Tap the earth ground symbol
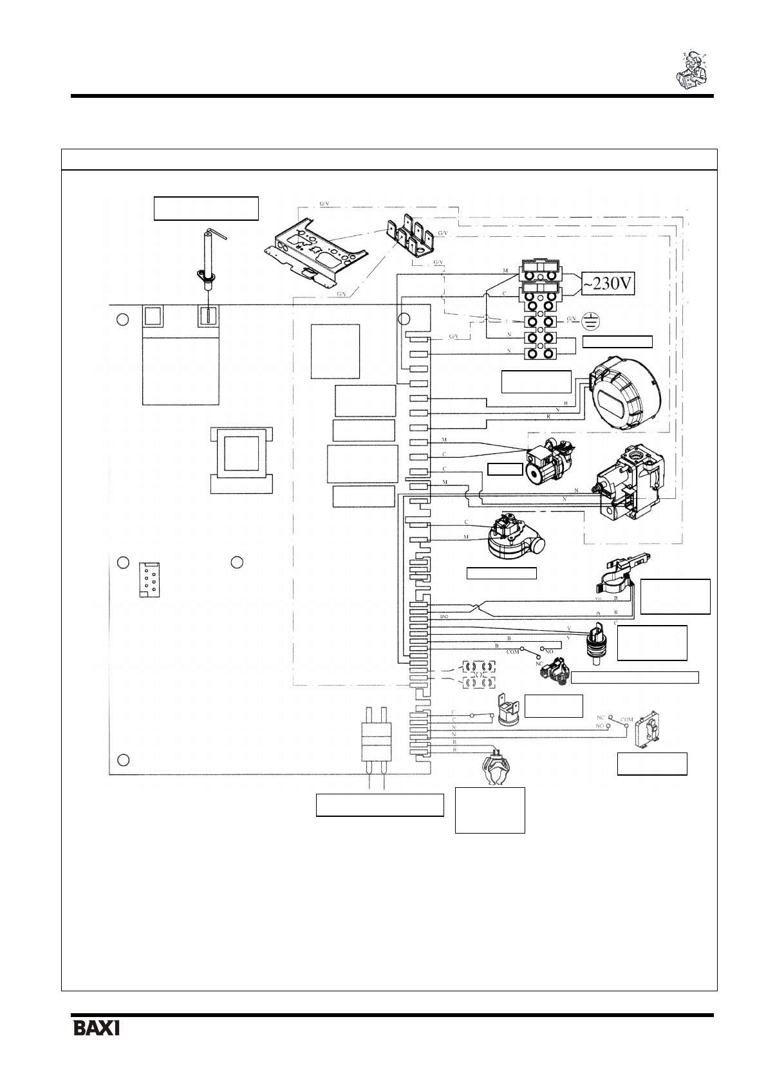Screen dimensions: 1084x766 (587, 320)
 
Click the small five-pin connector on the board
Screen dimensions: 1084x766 (149, 579)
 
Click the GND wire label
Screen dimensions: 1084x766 (444, 617)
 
